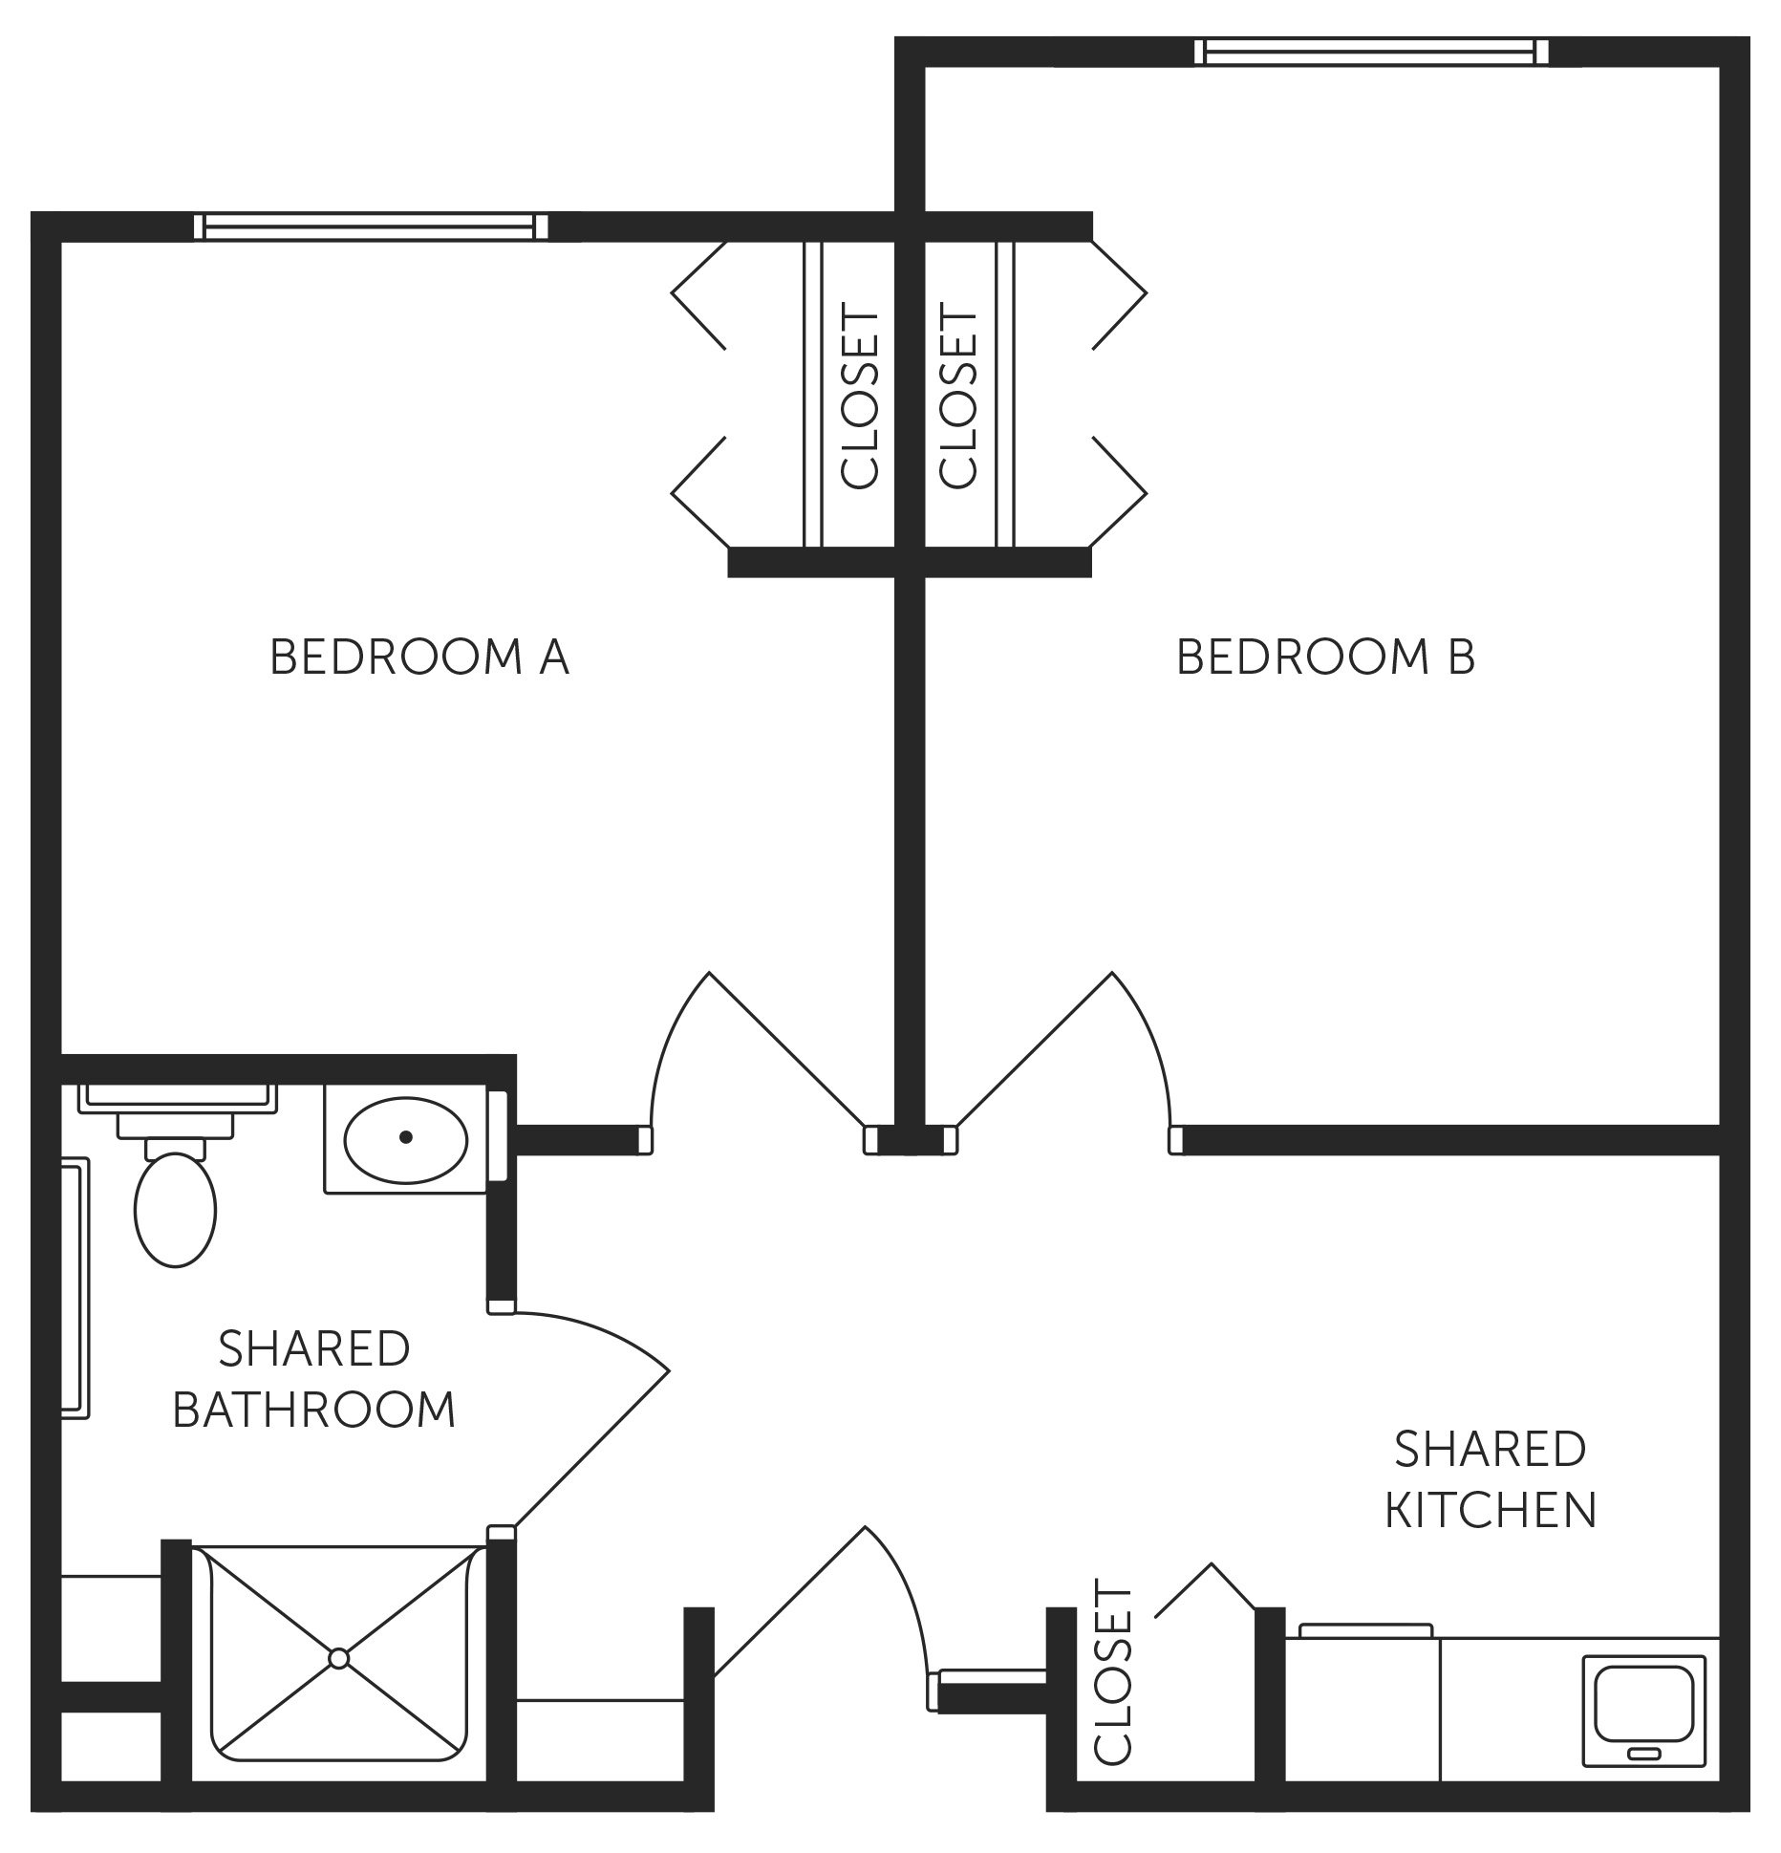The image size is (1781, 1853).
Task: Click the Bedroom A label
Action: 419,657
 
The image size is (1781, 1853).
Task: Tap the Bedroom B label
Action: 1325,657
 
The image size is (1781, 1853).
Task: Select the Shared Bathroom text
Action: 313,1379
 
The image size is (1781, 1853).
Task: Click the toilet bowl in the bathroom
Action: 176,1210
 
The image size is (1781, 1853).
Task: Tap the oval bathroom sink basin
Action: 405,1137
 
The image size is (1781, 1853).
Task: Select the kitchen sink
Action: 1643,1710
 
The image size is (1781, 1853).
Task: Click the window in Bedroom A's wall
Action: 371,226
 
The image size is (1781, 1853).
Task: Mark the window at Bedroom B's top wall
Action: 1370,51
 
